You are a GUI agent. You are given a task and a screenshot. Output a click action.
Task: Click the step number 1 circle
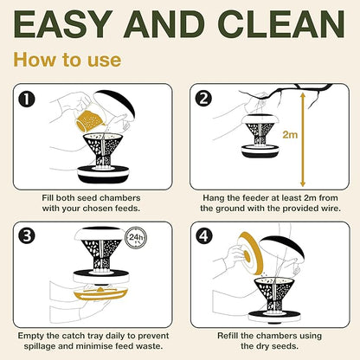tap(26, 100)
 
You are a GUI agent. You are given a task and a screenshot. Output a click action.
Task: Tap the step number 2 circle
tap(203, 99)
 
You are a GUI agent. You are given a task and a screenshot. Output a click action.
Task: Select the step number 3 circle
tap(27, 235)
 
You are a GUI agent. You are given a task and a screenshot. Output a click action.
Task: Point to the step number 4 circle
tap(204, 236)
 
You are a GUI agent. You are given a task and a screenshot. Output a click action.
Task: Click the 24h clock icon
tap(136, 238)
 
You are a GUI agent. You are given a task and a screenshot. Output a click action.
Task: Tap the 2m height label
tap(290, 134)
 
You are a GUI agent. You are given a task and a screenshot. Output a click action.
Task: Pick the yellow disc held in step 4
tap(250, 253)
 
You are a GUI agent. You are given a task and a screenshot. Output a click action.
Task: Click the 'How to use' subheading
tap(67, 60)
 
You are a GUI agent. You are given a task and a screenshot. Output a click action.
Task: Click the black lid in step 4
tap(282, 247)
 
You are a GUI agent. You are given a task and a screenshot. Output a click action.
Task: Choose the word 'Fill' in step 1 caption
tap(48, 198)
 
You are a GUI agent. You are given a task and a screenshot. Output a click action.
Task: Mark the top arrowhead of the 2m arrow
tap(303, 94)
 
